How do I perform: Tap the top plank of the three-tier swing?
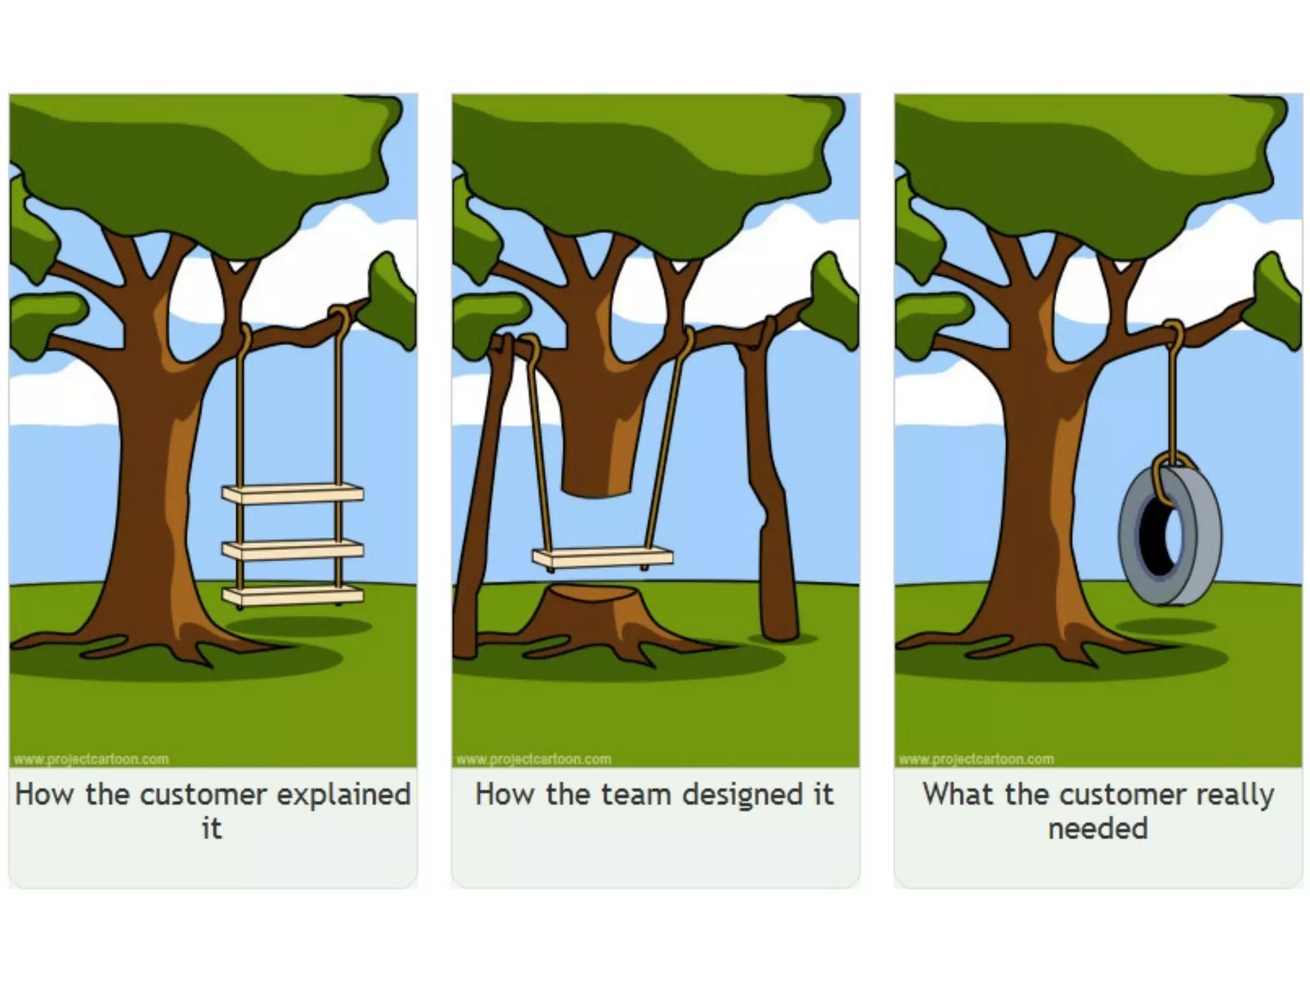click(293, 494)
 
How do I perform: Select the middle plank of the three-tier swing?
click(293, 550)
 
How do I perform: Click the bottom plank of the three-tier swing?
click(293, 595)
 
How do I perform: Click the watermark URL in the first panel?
click(91, 760)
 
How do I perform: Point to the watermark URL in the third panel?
click(976, 760)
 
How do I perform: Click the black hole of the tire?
click(1156, 537)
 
